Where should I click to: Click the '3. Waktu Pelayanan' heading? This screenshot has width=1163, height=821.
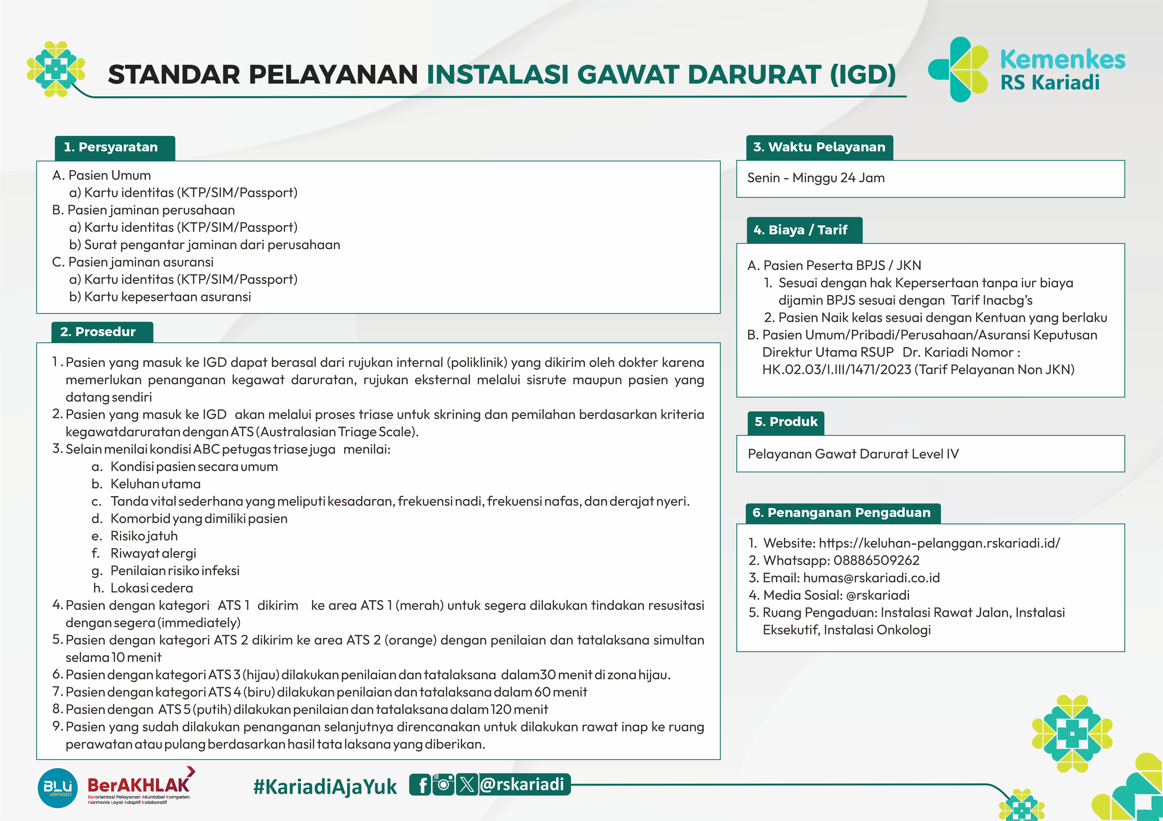[819, 147]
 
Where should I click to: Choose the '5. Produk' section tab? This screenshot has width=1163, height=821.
[786, 422]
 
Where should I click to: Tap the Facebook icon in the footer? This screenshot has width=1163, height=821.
[420, 785]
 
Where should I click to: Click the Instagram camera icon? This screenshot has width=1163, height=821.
[443, 785]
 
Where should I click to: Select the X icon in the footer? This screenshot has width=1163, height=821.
[466, 785]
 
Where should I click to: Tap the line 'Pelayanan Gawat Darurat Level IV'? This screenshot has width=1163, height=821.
[853, 454]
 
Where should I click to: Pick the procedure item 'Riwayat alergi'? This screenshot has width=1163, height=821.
[153, 553]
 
